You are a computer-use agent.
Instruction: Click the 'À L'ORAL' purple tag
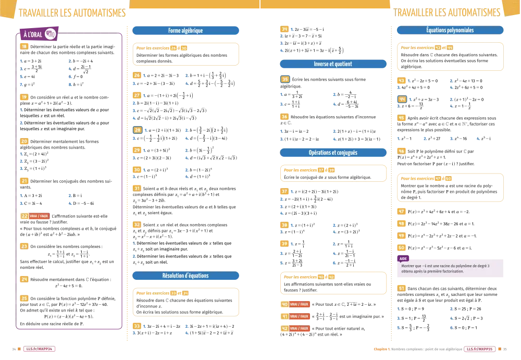click(33, 34)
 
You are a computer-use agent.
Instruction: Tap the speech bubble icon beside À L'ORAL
click(51, 34)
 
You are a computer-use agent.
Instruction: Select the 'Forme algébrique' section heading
click(185, 31)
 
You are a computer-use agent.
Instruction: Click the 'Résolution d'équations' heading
click(185, 275)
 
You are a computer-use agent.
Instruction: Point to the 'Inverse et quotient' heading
click(333, 64)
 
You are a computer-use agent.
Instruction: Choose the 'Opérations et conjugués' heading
click(333, 153)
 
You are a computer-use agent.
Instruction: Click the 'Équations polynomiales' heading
click(450, 31)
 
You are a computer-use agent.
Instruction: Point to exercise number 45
click(402, 118)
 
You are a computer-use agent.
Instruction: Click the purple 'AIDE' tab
click(403, 258)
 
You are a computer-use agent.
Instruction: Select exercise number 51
click(402, 288)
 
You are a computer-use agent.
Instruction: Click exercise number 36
click(285, 117)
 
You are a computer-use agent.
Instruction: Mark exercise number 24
click(24, 279)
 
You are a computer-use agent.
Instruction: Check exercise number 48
click(402, 224)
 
